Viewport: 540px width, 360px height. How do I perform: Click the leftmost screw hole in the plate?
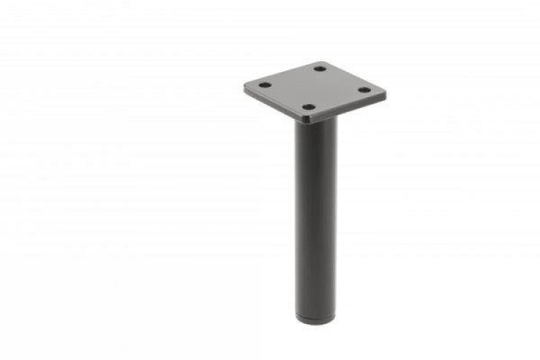(x=265, y=85)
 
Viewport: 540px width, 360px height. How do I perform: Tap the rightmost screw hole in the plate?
(x=364, y=89)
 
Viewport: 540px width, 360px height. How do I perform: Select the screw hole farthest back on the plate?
(x=320, y=68)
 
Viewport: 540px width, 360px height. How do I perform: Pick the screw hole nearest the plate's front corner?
(x=308, y=107)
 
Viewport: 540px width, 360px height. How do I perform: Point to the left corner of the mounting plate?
(x=245, y=87)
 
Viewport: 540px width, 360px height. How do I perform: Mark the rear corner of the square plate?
(x=324, y=61)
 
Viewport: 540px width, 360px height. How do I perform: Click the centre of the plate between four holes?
(x=314, y=87)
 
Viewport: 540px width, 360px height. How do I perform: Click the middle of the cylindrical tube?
(x=316, y=216)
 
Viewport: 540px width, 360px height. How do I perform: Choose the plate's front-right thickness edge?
(x=346, y=108)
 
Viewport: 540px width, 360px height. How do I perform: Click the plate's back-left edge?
(x=283, y=74)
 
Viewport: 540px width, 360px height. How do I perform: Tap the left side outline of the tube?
(x=295, y=216)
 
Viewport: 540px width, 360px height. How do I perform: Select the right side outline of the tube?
(x=337, y=216)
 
